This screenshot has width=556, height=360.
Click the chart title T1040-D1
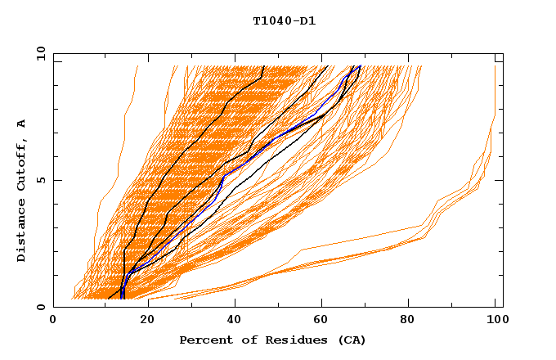click(x=285, y=21)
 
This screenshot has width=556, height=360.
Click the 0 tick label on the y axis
click(x=41, y=307)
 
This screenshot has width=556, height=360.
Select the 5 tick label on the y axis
click(x=41, y=180)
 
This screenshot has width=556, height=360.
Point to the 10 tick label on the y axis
click(x=38, y=53)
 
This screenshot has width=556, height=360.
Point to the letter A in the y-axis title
click(x=21, y=123)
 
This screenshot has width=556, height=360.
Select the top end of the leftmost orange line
click(x=137, y=66)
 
